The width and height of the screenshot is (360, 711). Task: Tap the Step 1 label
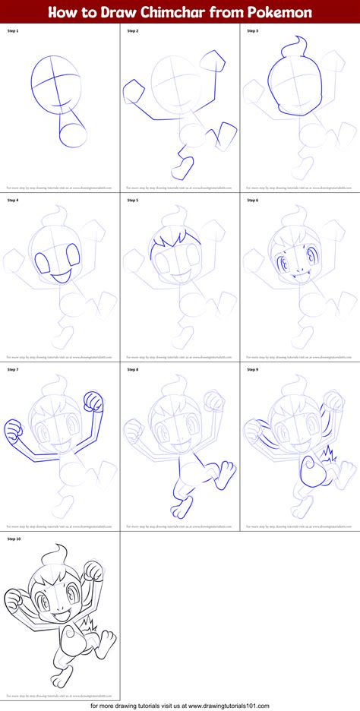point(14,32)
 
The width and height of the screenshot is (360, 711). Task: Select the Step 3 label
point(253,32)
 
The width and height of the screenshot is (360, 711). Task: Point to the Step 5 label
point(134,201)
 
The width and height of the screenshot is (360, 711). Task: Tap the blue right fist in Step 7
point(93,400)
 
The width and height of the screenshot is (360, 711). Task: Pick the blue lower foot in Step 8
point(178,507)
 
